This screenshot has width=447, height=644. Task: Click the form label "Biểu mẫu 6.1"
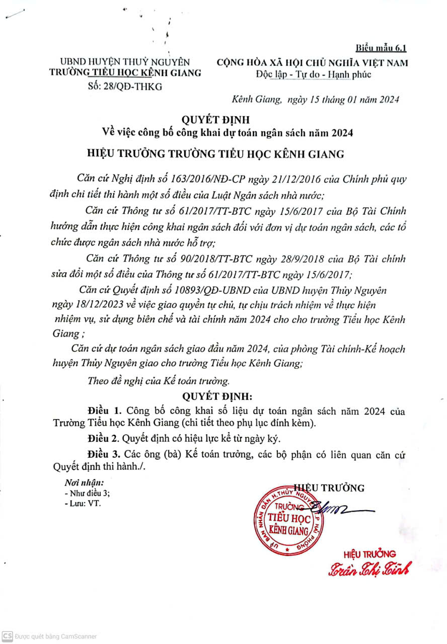[x=381, y=48]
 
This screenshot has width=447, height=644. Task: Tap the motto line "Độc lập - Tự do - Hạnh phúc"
[x=313, y=74]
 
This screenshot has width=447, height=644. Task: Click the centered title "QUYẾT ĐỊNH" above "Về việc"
[x=223, y=121]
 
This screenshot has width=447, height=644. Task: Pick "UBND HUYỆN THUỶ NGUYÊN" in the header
[x=125, y=62]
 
